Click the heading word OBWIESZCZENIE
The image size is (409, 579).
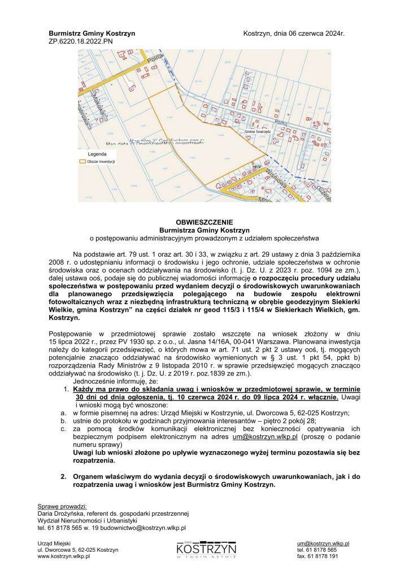coord(203,222)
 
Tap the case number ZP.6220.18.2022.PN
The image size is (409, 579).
coord(81,41)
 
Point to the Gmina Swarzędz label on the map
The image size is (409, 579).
coord(258,132)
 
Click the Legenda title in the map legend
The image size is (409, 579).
coord(97,154)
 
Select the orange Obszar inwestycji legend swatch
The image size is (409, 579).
coord(84,161)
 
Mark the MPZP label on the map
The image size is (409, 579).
coord(257,167)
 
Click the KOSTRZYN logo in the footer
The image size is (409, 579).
coord(206,549)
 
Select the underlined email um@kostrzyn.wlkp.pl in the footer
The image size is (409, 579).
coord(327,543)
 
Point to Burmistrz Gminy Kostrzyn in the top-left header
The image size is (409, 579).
coord(92,34)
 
